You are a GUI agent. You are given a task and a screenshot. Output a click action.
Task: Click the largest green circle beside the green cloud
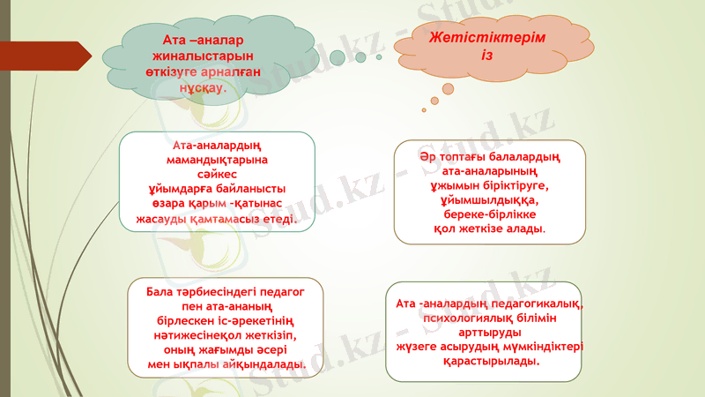tap(338, 57)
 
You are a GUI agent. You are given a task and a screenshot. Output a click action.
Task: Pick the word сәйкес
tap(217, 176)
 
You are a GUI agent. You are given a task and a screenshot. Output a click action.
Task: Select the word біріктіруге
tap(512, 186)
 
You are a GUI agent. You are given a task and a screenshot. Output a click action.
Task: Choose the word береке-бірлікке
tap(489, 214)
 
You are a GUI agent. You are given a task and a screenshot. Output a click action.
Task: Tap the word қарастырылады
tap(489, 361)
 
